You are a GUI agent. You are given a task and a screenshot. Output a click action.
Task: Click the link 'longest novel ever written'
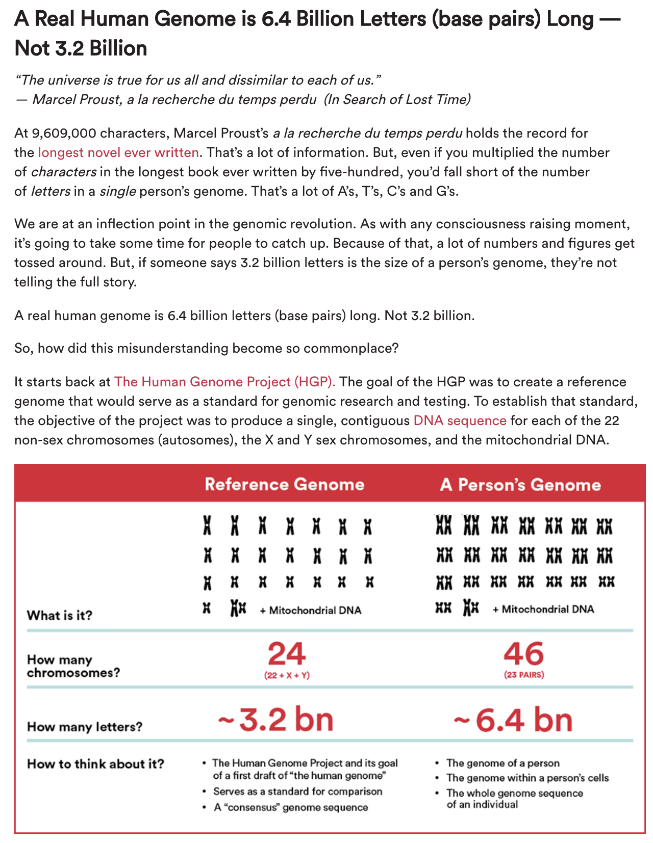coord(118,152)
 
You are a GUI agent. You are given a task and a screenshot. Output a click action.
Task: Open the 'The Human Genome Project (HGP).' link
coord(225,382)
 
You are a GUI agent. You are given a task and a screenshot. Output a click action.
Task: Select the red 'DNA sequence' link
coord(460,420)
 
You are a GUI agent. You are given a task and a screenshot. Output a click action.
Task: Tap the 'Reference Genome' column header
coord(285,484)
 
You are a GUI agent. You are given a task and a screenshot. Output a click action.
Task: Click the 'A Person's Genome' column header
coord(520,484)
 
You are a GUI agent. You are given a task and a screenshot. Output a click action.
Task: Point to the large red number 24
coord(287,654)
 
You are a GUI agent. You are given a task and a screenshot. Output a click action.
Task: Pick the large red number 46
coord(524,654)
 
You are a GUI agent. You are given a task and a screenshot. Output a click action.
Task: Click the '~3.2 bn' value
coord(276,720)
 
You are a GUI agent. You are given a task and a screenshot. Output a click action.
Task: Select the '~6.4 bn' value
coord(513,720)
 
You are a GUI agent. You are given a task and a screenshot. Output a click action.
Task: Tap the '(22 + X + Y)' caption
coord(287,675)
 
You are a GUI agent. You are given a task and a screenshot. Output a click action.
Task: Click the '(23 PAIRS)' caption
coord(524,675)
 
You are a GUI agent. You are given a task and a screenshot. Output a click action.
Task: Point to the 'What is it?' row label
coord(60,615)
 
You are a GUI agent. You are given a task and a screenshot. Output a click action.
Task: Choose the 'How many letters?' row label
coord(85,726)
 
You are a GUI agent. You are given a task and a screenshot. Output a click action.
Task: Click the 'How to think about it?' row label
coord(96,763)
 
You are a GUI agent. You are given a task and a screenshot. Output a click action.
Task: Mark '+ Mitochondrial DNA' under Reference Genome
coord(311,610)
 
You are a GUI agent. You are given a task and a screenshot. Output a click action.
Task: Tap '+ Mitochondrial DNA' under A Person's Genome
coord(543,609)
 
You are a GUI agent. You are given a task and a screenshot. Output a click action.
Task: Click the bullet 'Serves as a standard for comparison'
coord(297,792)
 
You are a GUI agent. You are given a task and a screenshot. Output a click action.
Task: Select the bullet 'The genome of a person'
coord(503,763)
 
